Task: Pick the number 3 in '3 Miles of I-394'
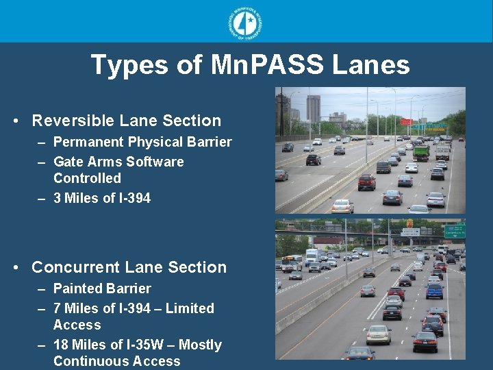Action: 58,199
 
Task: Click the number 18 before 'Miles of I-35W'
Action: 60,345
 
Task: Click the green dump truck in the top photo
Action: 420,152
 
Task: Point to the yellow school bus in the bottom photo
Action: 290,262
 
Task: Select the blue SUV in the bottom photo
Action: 434,291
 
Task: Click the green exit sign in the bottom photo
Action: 454,232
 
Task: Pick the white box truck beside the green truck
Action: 442,151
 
